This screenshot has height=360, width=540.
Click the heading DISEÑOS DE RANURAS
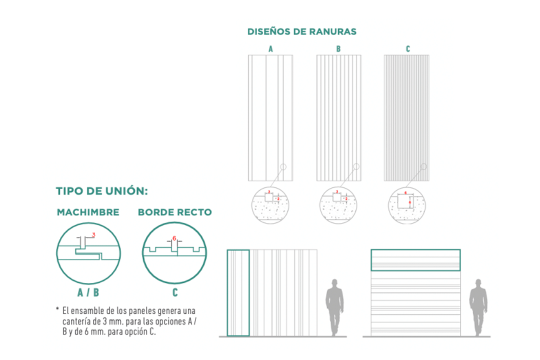(x=301, y=31)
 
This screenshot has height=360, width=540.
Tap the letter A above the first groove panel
(x=270, y=49)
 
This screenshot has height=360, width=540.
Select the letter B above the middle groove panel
(x=338, y=49)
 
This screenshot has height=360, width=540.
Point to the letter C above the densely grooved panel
(x=407, y=49)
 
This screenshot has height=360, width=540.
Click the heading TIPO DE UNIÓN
(x=102, y=191)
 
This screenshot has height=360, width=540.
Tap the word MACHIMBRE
(x=88, y=212)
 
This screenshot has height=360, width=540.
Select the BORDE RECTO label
(x=174, y=212)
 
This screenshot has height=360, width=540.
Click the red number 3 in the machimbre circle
(x=93, y=234)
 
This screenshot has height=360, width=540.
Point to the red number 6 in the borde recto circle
(x=174, y=238)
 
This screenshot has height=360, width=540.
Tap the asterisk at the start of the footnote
(x=57, y=309)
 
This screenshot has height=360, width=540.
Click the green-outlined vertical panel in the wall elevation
(x=238, y=292)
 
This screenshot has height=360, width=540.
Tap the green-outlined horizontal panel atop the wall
(x=415, y=260)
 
